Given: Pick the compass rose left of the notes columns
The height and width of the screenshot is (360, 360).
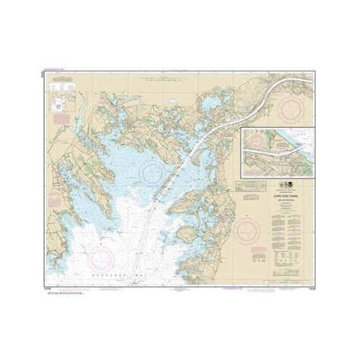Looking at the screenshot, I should (x=248, y=227).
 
